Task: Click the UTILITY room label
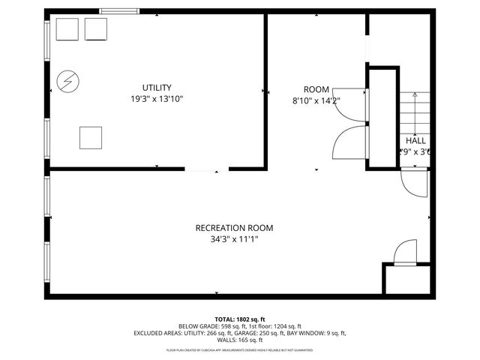pos(157,87)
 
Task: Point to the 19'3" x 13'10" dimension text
pos(157,98)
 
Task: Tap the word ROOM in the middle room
pos(316,89)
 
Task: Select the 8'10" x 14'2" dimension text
pos(316,100)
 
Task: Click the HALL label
pos(415,140)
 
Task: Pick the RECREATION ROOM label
pos(234,228)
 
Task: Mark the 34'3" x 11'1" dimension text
pos(234,239)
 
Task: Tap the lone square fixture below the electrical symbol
pos(91,138)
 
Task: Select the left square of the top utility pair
pos(69,29)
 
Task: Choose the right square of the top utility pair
pos(96,29)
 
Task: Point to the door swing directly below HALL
pos(414,182)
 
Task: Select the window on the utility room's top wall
pos(118,10)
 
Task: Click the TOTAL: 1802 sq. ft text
pos(239,319)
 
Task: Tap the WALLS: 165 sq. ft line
pos(240,339)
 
